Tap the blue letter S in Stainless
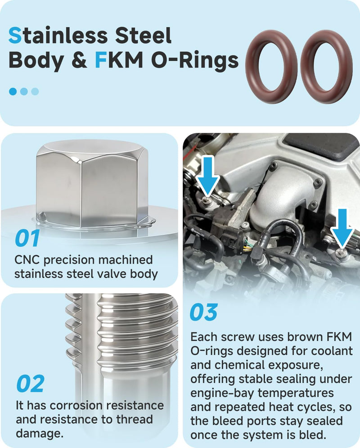tap(15, 36)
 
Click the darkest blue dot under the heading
tap(13, 91)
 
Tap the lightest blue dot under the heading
tap(35, 91)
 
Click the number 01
tap(27, 238)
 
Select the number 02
tap(30, 384)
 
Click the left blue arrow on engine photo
tap(208, 176)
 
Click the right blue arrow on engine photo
tap(342, 228)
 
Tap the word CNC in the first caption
tap(27, 260)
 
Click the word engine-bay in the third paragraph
tap(221, 394)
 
